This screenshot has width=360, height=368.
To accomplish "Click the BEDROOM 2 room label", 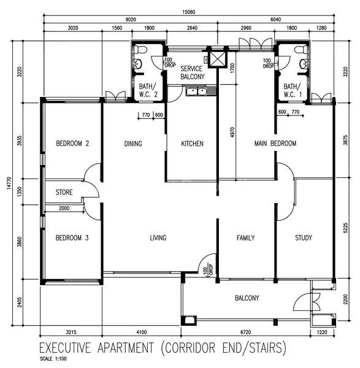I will coord(72,144).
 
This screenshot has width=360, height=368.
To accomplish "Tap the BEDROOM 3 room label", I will coord(72,238).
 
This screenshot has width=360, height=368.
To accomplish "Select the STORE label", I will coord(64,193).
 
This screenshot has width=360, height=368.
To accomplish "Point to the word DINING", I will coord(133,144).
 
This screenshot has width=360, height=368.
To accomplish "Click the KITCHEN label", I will coord(192,144).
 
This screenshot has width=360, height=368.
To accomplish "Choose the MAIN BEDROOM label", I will coord(275,144).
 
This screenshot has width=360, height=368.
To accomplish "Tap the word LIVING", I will coord(158,238).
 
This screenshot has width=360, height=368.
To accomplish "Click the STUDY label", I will coord(304,238).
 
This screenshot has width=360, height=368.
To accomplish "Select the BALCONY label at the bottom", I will coord(247,299).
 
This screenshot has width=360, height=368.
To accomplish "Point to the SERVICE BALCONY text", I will coord(191,74).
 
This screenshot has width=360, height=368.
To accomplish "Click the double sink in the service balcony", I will coord(197,92).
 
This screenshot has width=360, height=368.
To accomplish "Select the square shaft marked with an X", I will coord(217,58).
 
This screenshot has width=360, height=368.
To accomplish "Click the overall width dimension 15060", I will coord(189,12).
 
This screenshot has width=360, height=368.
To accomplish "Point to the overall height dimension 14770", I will coord(6,182).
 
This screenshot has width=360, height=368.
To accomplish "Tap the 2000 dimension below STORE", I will coord(64,209).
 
